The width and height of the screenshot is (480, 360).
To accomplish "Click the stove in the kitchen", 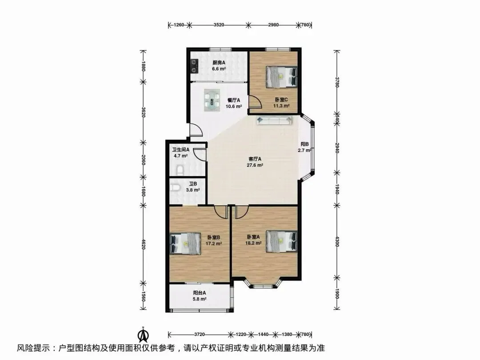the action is click(194, 66).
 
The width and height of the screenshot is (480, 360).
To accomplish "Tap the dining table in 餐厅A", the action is click(212, 100).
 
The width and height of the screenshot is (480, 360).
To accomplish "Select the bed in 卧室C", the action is click(282, 76).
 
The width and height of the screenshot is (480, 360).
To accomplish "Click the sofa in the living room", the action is click(274, 120).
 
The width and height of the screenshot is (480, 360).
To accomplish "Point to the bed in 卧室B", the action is click(185, 244).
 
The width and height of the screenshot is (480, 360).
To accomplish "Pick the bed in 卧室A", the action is click(282, 241).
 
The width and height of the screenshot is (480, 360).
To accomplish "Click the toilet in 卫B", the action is click(175, 187).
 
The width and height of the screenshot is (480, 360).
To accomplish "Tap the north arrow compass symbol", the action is click(143, 334).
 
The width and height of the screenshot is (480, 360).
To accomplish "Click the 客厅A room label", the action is click(255, 159).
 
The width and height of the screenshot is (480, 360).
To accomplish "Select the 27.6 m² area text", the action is click(255, 165).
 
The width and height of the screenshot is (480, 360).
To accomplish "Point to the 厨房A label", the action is click(219, 63).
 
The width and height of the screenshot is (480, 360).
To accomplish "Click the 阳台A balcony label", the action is click(199, 292).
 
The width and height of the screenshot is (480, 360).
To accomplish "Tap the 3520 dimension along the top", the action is click(219, 25).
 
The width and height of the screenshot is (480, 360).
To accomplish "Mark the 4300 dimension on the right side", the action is click(337, 241).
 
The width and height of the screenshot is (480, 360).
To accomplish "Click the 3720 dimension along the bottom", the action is click(200, 334).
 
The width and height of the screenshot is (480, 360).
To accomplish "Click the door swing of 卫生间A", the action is click(200, 154).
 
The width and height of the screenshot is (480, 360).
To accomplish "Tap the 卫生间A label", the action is click(180, 150).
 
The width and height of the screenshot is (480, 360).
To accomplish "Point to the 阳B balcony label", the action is click(304, 144).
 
